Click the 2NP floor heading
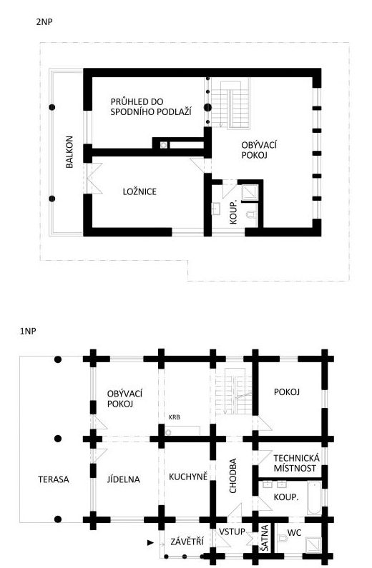coord(44,21)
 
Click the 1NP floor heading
coord(28,331)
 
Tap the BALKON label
coord(69,151)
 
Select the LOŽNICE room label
coord(139,191)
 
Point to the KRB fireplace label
coord(175,417)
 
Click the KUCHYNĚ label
coord(188,477)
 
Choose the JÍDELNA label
coord(123,479)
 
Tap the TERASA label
coord(54,479)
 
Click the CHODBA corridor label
coord(232,476)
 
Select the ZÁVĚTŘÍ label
coord(187,542)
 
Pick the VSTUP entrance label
coord(232,532)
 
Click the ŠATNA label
coord(265,539)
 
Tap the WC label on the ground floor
coord(295,533)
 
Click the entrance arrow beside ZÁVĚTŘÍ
coord(150,543)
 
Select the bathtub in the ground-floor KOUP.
coord(314,498)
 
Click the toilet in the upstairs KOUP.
coord(251,215)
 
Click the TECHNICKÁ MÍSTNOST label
coord(297,463)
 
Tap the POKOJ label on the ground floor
coord(287,392)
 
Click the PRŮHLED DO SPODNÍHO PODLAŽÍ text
coord(151,106)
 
